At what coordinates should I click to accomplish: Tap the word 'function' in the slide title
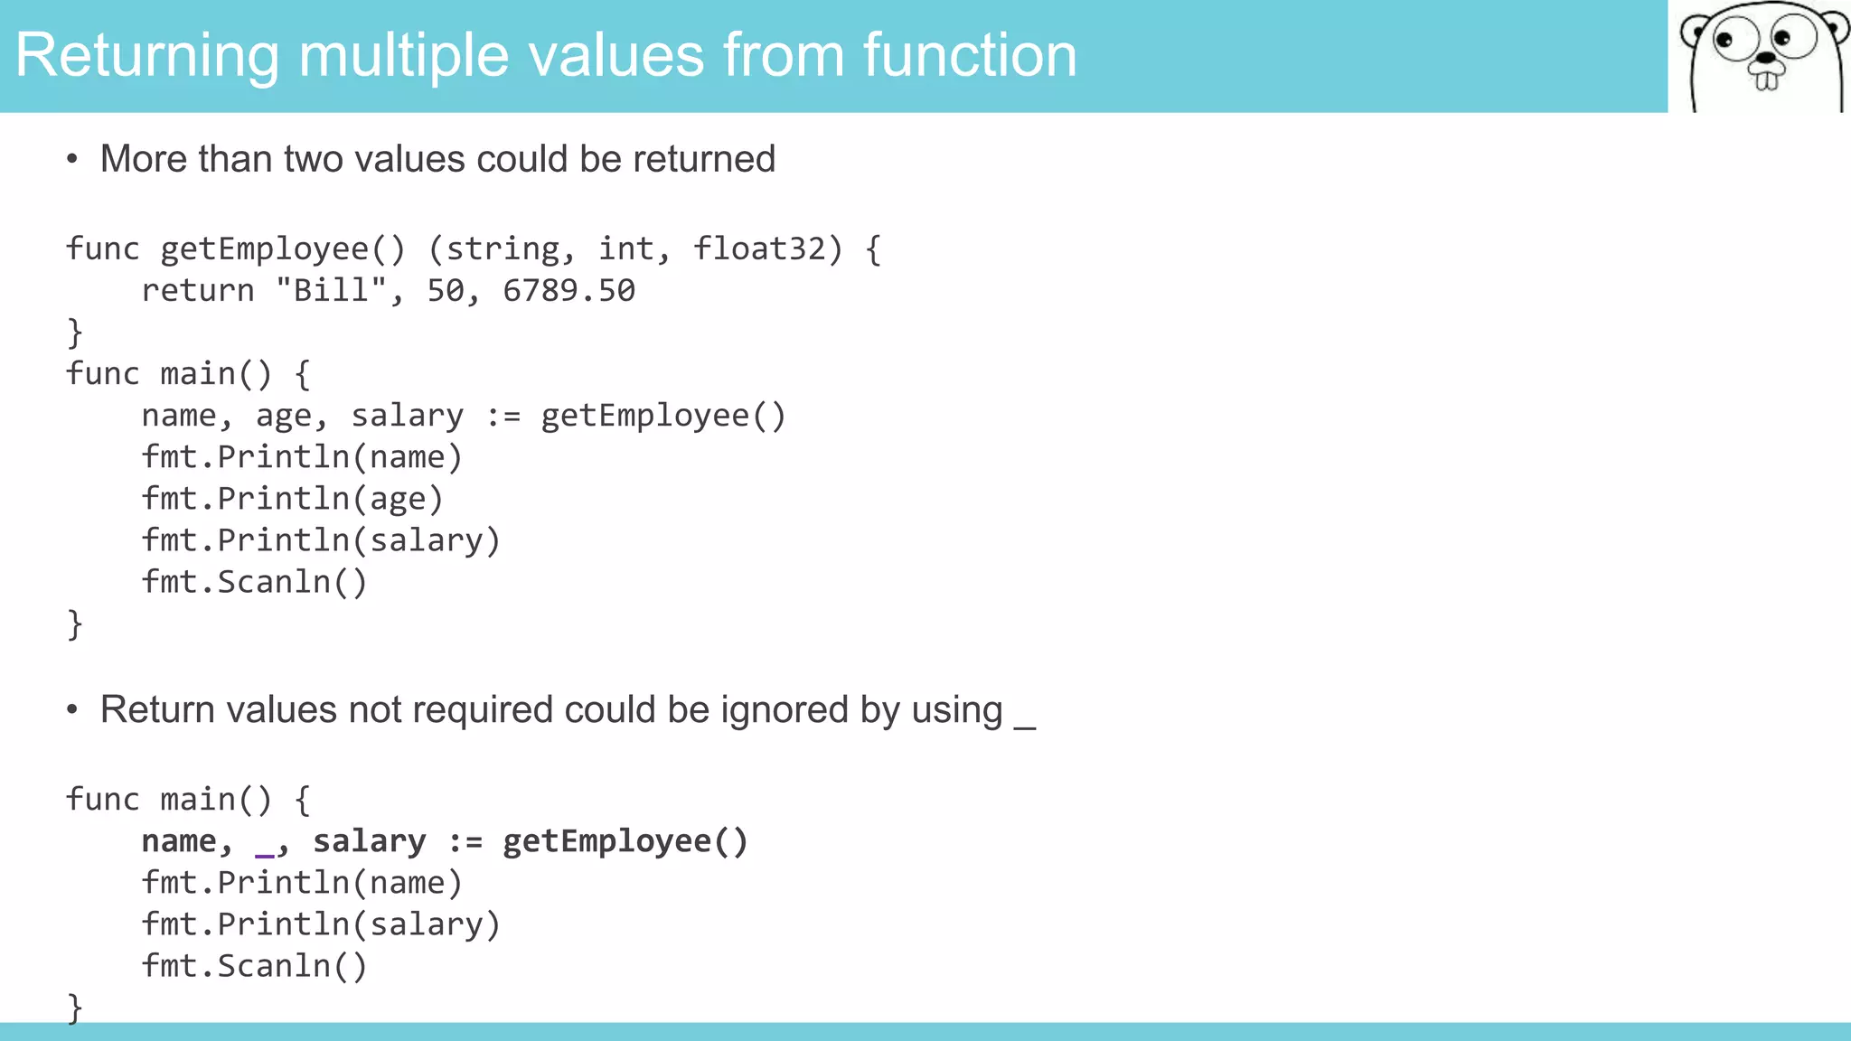pyautogui.click(x=969, y=56)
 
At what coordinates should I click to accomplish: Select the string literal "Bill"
pyautogui.click(x=332, y=291)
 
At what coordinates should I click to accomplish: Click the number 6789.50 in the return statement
pyautogui.click(x=568, y=291)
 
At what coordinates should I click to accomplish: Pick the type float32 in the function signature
pyautogui.click(x=758, y=249)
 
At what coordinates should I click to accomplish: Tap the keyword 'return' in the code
pyautogui.click(x=198, y=291)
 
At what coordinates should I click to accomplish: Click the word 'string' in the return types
pyautogui.click(x=503, y=249)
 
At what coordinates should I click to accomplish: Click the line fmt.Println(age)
pyautogui.click(x=293, y=499)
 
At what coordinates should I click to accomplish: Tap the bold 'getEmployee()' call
pyautogui.click(x=625, y=841)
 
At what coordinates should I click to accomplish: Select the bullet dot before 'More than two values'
pyautogui.click(x=72, y=160)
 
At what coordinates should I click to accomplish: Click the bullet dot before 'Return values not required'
pyautogui.click(x=72, y=710)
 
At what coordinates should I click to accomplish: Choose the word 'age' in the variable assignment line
pyautogui.click(x=284, y=417)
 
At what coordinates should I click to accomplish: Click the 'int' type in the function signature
pyautogui.click(x=626, y=249)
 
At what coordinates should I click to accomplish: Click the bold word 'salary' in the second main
pyautogui.click(x=370, y=841)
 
